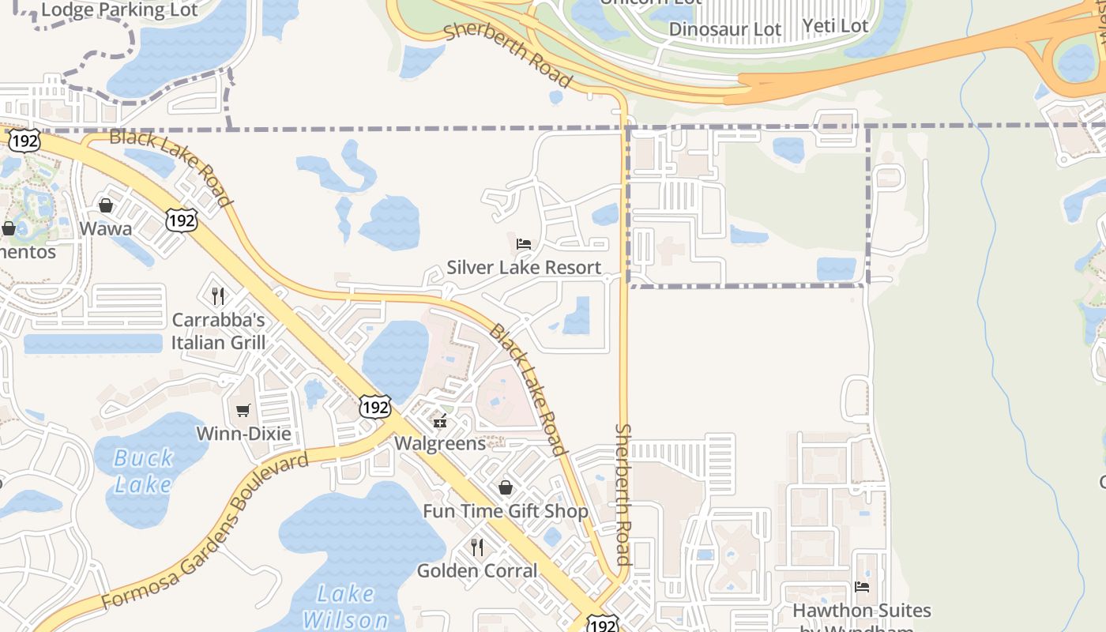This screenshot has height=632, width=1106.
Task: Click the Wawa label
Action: (x=106, y=229)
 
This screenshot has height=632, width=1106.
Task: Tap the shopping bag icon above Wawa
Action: (x=106, y=206)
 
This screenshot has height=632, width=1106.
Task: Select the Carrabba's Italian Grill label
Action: (x=219, y=332)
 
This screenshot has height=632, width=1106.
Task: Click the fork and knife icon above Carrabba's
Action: (x=219, y=296)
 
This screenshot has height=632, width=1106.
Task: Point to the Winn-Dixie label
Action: (x=243, y=434)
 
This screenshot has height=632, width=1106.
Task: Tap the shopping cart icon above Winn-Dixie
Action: (x=243, y=411)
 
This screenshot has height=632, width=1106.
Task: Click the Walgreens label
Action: (x=440, y=443)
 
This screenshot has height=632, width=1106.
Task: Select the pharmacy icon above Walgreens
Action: (x=440, y=422)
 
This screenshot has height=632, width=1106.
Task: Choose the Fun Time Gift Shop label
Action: (x=506, y=511)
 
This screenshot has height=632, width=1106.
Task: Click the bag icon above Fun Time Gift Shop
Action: (x=506, y=488)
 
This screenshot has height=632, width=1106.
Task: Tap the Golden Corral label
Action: (x=477, y=570)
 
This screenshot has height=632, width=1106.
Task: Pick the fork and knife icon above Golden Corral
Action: (x=477, y=547)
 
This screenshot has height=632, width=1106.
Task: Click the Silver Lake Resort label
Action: (x=524, y=268)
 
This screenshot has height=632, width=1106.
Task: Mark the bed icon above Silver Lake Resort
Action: (x=524, y=244)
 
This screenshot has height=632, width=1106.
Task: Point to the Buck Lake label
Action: (x=144, y=471)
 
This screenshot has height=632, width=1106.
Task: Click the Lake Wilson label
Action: (x=346, y=607)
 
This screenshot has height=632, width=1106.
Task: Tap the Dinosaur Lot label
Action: (x=725, y=30)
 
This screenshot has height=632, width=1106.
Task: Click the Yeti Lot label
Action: (x=835, y=26)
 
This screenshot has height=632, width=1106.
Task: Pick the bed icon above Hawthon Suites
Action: (x=862, y=587)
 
